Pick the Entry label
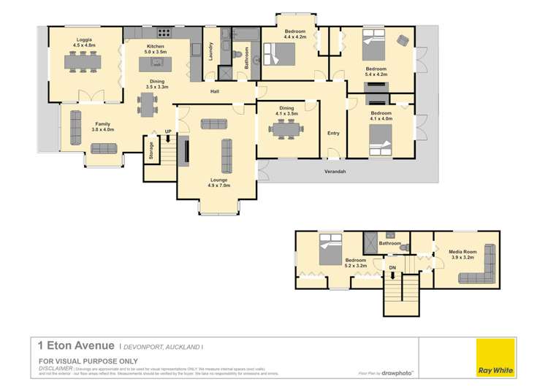(333, 133)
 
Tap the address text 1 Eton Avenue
(76, 345)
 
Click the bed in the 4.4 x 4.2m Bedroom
(281, 53)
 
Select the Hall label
(215, 91)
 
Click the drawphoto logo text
(397, 372)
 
